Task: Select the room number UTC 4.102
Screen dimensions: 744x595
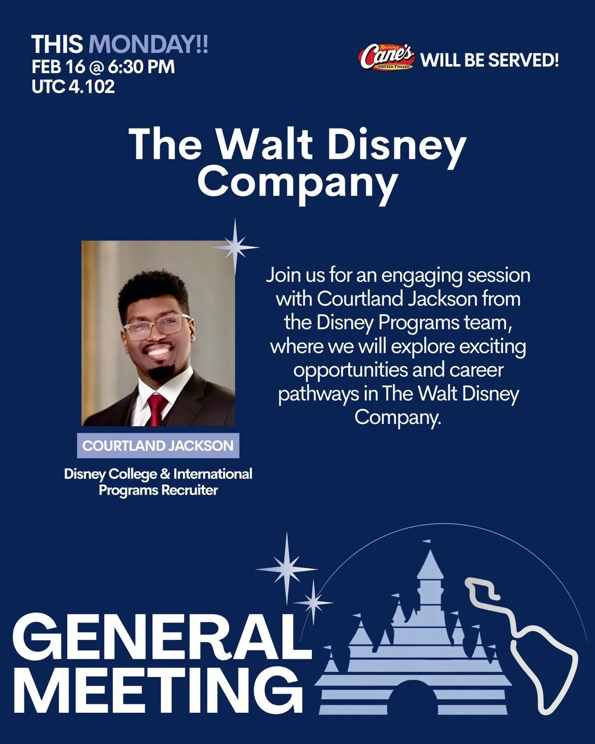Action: (73, 87)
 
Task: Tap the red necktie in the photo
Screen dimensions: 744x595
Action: (158, 409)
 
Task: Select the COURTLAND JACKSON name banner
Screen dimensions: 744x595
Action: (158, 446)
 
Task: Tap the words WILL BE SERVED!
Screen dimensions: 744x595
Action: (490, 60)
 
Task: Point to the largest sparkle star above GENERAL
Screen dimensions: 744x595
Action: (287, 568)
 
